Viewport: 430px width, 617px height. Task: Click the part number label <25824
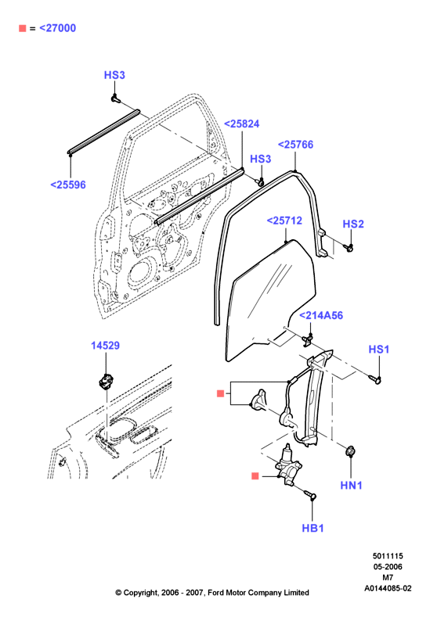click(x=241, y=124)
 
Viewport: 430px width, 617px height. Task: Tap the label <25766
click(x=295, y=145)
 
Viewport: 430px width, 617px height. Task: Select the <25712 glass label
click(x=284, y=221)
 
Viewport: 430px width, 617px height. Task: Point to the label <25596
click(x=68, y=185)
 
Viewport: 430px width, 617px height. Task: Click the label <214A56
click(x=321, y=315)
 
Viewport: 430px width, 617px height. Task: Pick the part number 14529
click(x=105, y=345)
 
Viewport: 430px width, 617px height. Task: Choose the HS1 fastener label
click(x=379, y=349)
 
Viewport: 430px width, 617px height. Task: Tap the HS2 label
click(x=353, y=224)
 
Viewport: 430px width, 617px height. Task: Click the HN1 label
click(x=351, y=485)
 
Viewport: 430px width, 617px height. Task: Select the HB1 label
click(x=313, y=528)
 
